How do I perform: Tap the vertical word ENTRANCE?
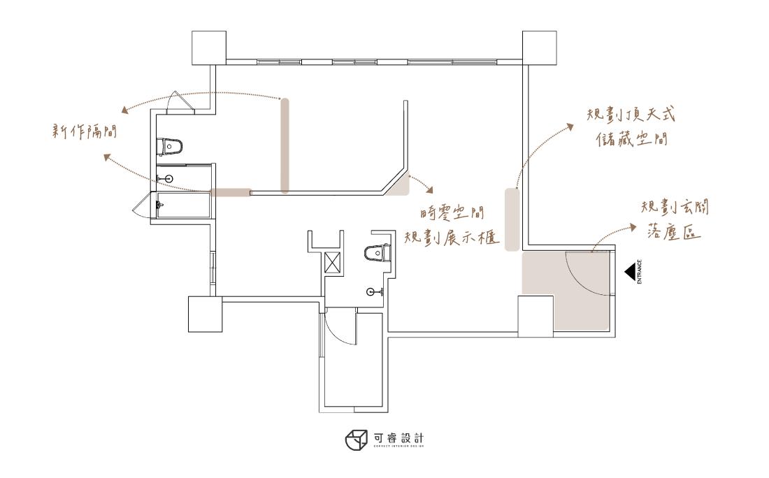point(640,272)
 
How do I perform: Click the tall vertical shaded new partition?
point(285,145)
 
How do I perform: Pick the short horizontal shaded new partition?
point(231,192)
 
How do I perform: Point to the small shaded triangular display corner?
point(401,185)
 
